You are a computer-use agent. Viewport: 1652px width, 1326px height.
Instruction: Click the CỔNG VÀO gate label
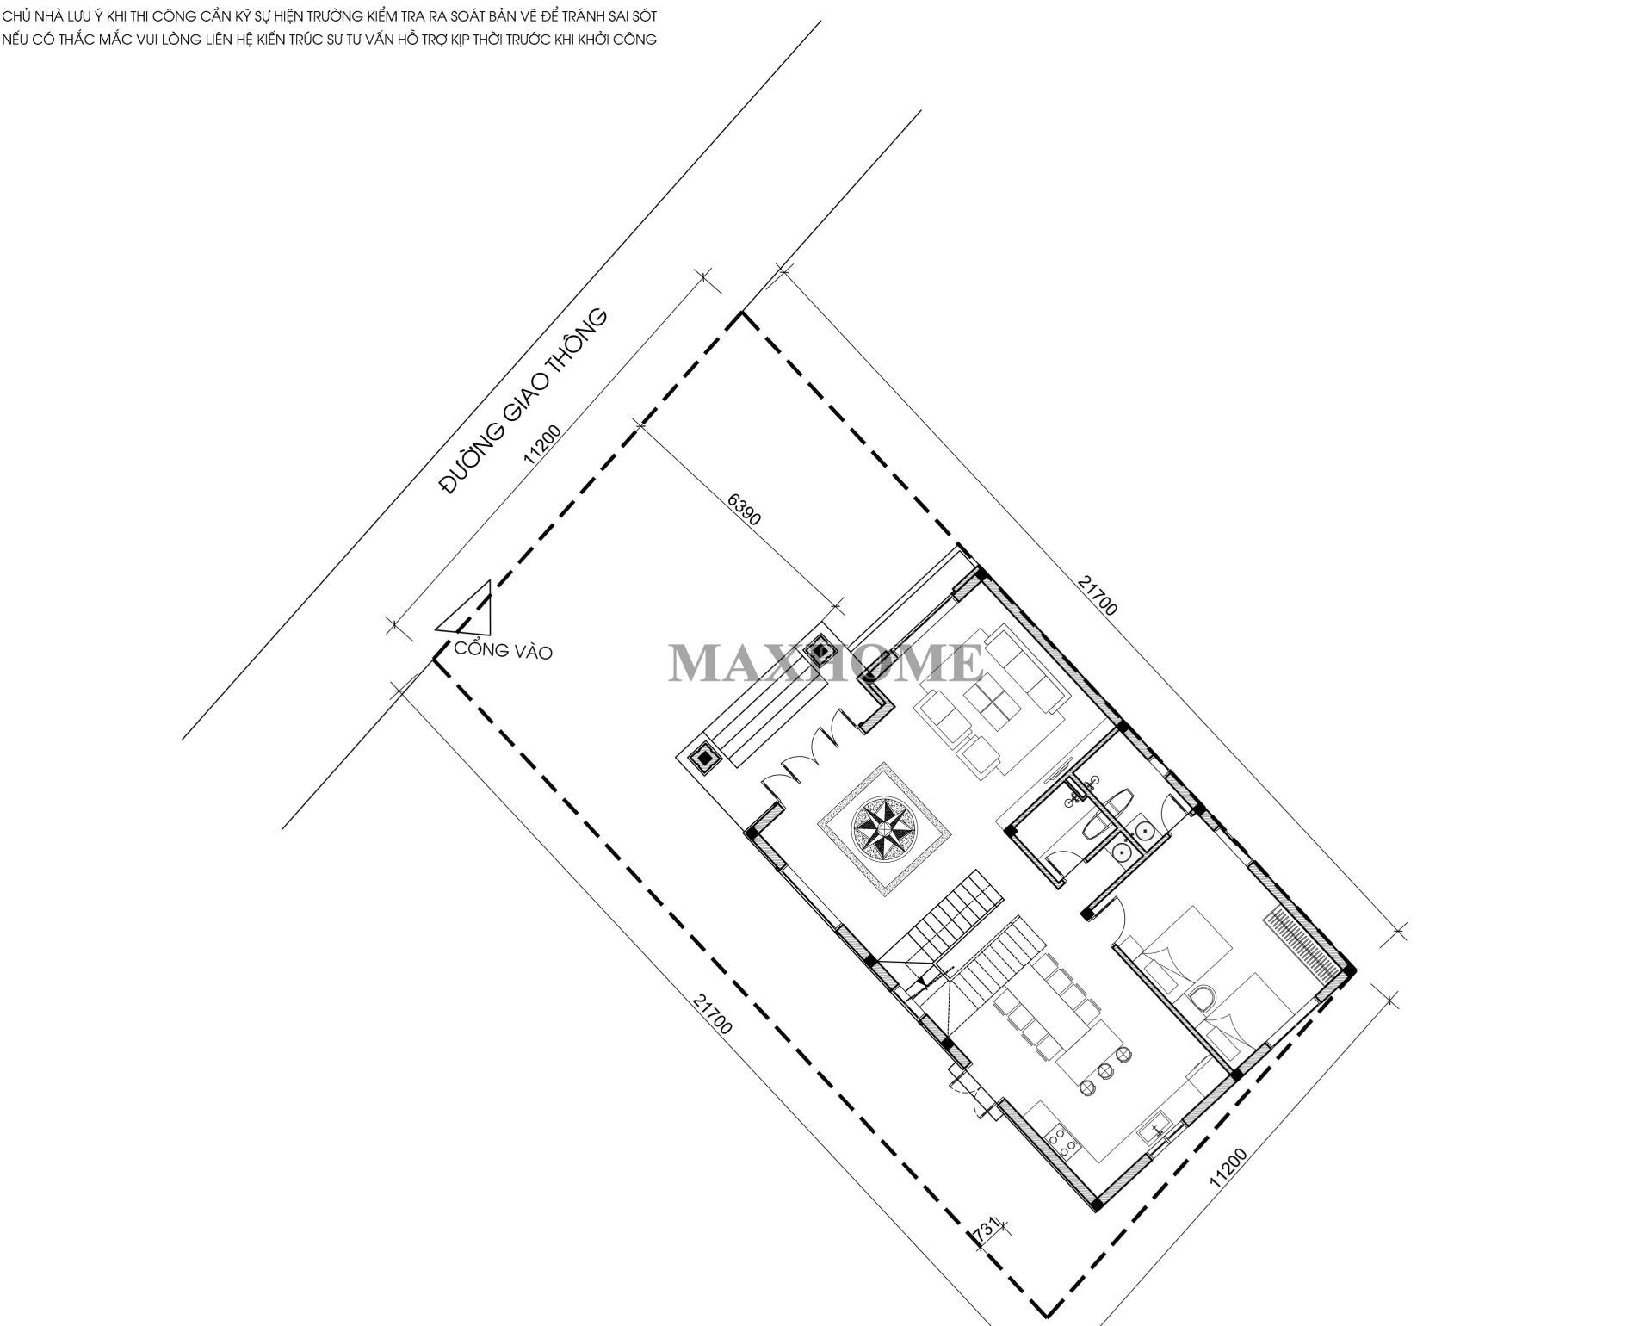pos(503,649)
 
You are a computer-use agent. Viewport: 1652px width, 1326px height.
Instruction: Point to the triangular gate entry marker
pos(466,612)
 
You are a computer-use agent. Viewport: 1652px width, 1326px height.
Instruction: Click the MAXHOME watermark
pos(826,663)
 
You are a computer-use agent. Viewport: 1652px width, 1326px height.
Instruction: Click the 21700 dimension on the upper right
pos(1097,595)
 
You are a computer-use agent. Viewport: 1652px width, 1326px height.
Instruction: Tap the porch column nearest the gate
pos(705,758)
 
